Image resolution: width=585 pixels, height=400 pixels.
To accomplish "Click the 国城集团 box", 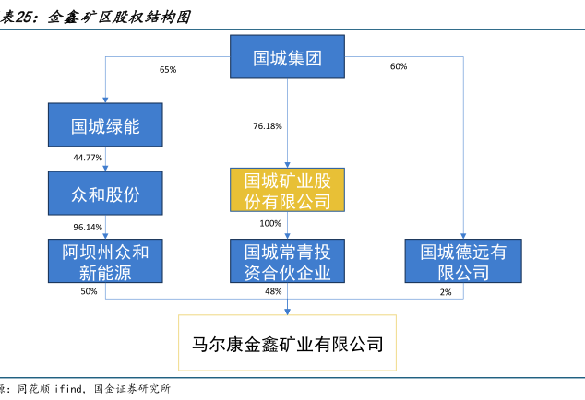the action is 287,56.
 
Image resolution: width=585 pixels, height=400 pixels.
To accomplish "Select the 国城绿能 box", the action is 105,124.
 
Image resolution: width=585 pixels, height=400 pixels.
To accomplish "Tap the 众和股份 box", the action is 105,194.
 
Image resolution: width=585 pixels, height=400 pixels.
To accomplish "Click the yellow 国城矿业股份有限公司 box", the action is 287,190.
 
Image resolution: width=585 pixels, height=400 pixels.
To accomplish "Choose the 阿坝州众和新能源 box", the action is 105,261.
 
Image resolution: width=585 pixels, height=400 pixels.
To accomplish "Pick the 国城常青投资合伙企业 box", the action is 287,261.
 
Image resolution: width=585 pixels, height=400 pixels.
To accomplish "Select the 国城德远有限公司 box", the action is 463,261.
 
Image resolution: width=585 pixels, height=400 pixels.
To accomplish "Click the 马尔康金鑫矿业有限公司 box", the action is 287,343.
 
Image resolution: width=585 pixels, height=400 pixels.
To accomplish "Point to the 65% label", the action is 168,70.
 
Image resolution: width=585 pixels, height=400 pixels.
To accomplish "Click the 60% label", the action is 399,66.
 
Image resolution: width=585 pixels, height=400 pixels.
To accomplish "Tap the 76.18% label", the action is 268,126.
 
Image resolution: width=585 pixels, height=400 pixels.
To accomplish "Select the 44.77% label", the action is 88,158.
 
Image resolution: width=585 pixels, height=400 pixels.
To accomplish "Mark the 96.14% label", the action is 88,227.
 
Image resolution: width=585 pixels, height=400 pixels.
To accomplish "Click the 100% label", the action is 270,223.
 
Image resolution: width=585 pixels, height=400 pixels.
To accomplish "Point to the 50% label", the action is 89,291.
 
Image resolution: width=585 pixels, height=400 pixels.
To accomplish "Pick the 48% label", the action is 273,291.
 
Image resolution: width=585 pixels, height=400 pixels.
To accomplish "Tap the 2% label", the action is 446,292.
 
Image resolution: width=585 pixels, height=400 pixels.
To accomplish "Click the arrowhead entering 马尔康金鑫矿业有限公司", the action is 287,312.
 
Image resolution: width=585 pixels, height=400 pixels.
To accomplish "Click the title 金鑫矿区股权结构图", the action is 119,18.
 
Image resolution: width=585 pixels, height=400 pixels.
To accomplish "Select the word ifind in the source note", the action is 68,389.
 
